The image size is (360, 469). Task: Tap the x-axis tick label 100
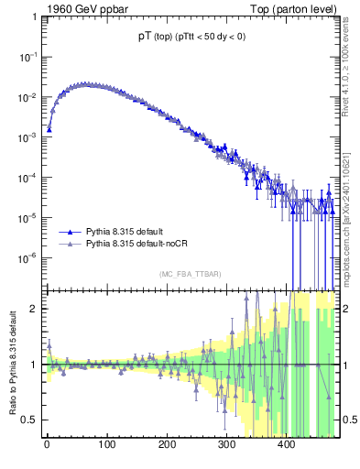106,447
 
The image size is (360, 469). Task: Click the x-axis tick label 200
167,447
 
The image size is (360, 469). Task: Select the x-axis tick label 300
226,447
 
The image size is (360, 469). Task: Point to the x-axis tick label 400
286,447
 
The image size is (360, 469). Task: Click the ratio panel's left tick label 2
34,309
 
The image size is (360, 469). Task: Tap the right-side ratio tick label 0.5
349,420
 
